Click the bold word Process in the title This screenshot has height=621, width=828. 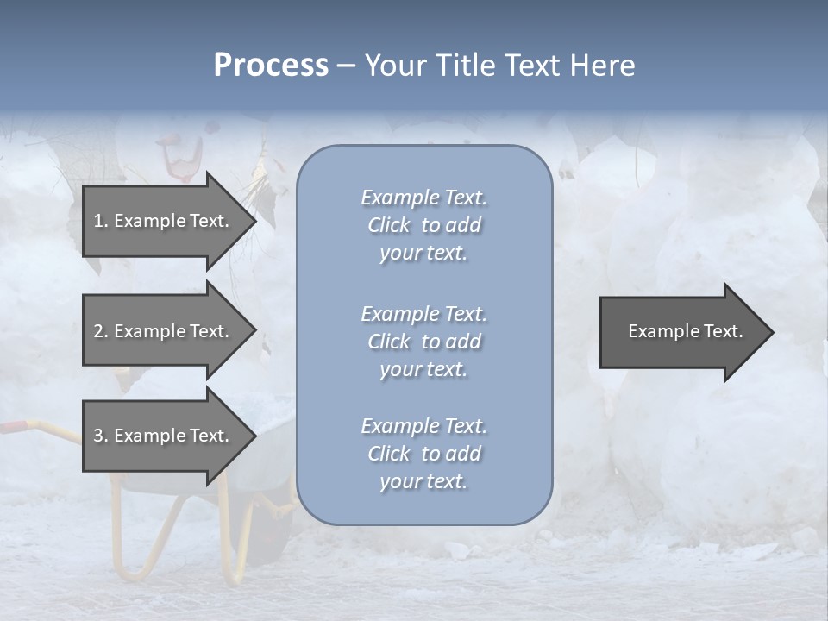(271, 66)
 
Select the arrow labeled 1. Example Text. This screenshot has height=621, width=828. (162, 221)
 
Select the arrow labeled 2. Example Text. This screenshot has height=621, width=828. (162, 331)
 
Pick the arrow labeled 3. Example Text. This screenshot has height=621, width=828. (162, 436)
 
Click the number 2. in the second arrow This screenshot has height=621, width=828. (101, 331)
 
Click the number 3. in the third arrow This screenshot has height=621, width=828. (101, 436)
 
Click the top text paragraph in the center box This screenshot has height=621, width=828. (423, 225)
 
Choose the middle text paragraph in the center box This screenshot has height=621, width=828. (423, 342)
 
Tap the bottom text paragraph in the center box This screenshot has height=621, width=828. (423, 454)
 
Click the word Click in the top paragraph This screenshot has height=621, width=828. (389, 225)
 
